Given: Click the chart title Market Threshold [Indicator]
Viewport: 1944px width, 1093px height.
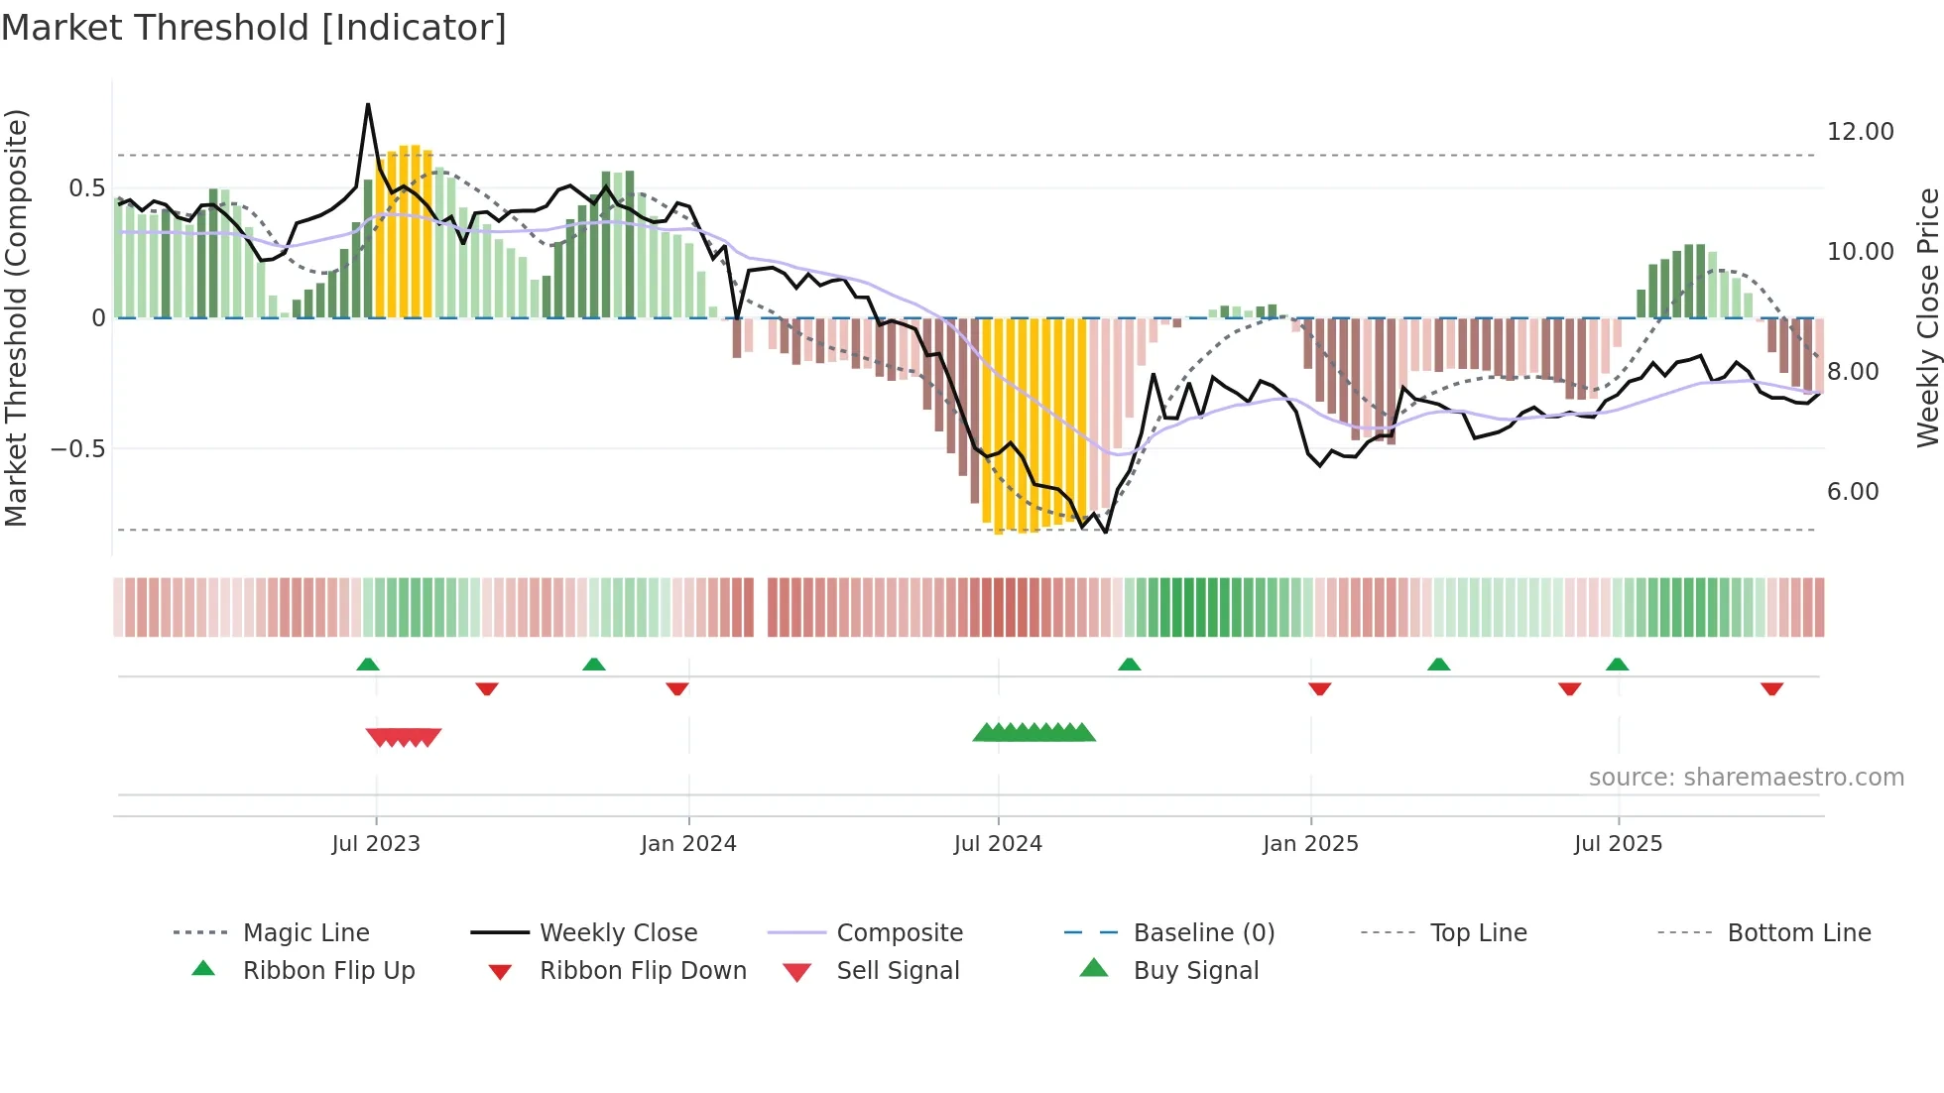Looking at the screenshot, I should pyautogui.click(x=254, y=28).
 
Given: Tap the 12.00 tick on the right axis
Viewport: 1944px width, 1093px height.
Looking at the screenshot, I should pyautogui.click(x=1860, y=132).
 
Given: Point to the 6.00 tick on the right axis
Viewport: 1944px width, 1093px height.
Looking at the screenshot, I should pyautogui.click(x=1852, y=492).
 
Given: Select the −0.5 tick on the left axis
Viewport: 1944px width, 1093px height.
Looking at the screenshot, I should pyautogui.click(x=78, y=449).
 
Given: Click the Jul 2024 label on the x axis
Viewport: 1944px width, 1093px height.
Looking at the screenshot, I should pyautogui.click(x=998, y=844).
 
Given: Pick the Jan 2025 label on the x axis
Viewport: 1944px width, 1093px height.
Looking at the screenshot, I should pyautogui.click(x=1310, y=844).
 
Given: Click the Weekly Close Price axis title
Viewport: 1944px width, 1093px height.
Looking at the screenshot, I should pyautogui.click(x=1927, y=317).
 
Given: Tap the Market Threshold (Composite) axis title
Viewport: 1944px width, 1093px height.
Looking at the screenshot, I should pyautogui.click(x=16, y=317).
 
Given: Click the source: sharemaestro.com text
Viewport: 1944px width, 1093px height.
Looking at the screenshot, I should pyautogui.click(x=1746, y=778).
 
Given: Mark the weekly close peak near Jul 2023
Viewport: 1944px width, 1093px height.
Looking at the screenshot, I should pyautogui.click(x=368, y=104).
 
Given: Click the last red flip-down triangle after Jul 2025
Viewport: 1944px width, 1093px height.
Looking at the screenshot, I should pyautogui.click(x=1771, y=689).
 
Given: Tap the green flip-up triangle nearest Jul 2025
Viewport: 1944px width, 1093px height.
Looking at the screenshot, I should pyautogui.click(x=1617, y=665).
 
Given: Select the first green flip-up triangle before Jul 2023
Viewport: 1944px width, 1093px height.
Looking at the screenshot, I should pyautogui.click(x=368, y=665).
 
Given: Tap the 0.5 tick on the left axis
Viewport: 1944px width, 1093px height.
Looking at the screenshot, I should pyautogui.click(x=86, y=188).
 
